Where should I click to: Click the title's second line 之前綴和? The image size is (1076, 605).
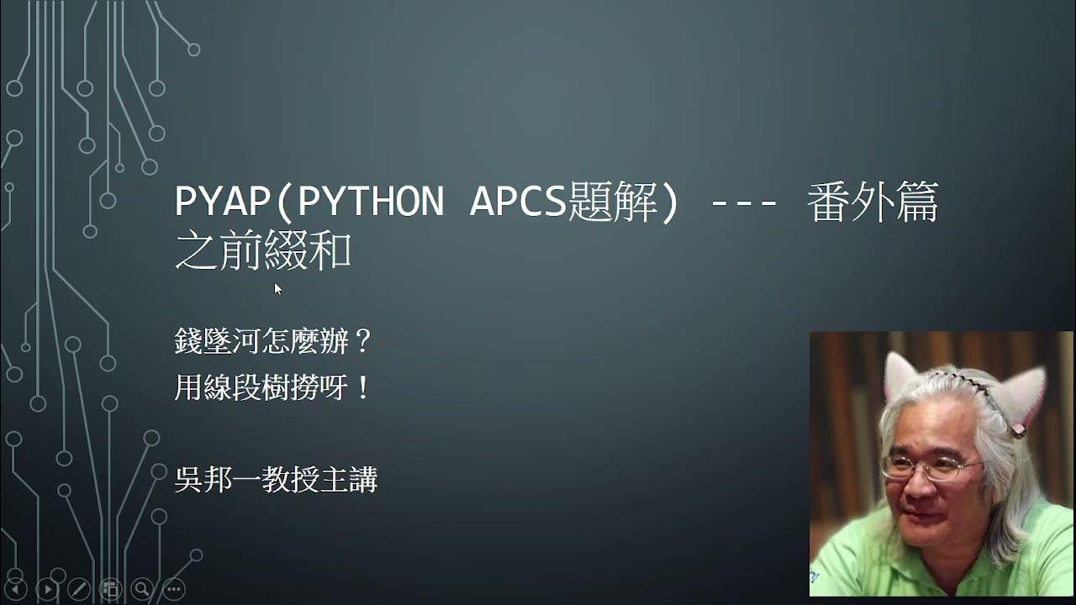coord(262,251)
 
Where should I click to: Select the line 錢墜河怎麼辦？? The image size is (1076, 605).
coord(273,341)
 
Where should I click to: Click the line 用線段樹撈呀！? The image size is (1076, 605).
coord(273,387)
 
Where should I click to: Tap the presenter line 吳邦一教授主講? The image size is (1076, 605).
coord(276,480)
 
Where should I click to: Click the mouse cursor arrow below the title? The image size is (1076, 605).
coord(277,288)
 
